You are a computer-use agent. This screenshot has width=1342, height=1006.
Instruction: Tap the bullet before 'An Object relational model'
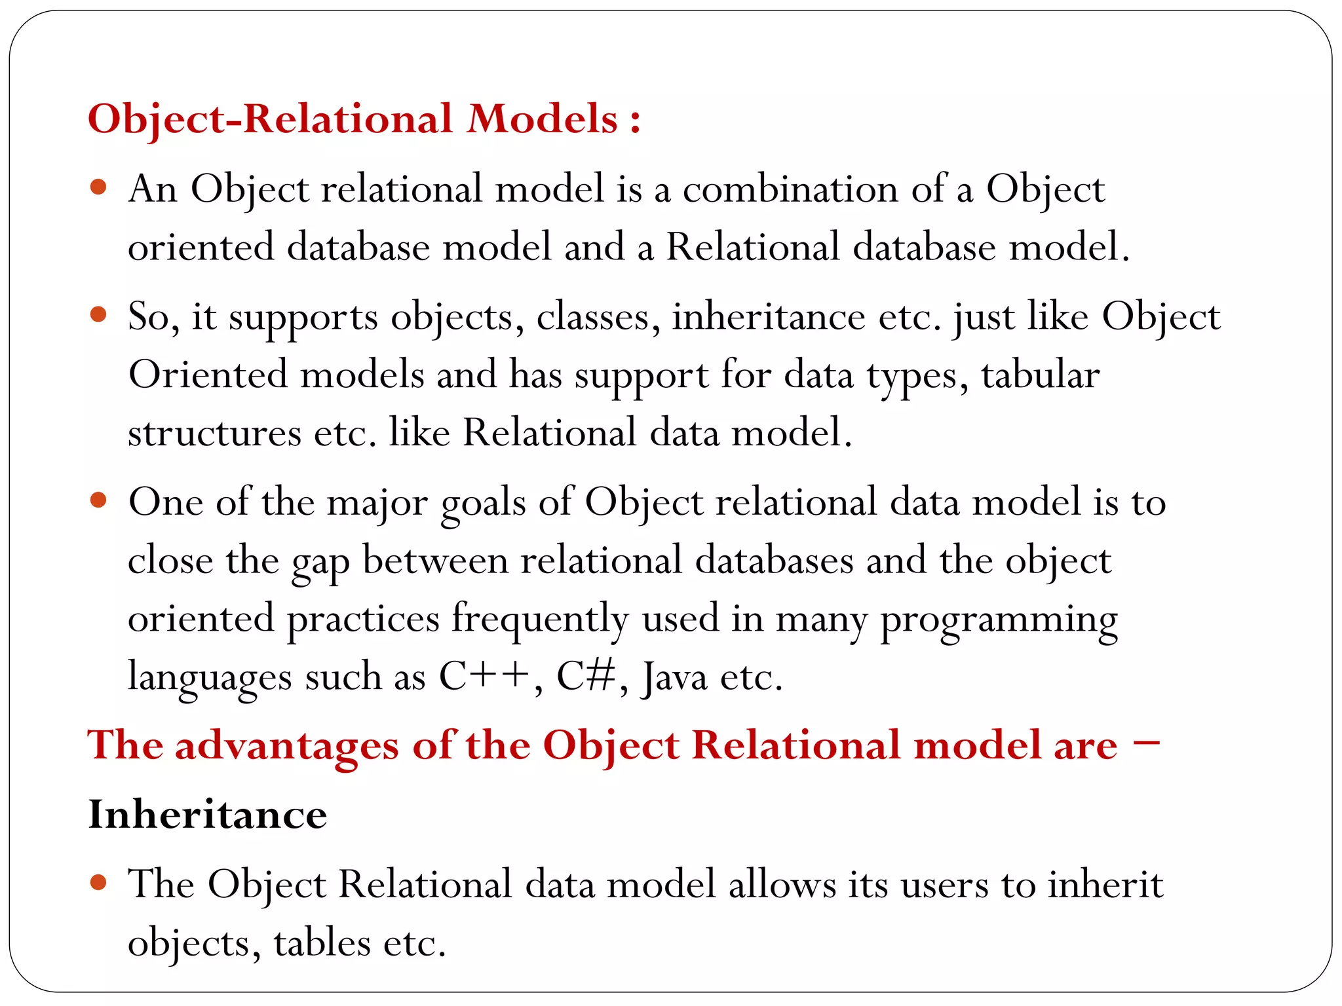click(98, 189)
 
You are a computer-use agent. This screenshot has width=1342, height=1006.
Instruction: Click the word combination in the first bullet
click(790, 190)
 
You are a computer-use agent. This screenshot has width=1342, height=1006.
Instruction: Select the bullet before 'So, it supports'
click(98, 315)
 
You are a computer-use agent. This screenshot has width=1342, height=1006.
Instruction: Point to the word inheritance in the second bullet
click(769, 317)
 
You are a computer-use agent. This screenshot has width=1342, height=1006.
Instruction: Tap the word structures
click(214, 433)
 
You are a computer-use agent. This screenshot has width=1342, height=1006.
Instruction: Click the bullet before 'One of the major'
click(98, 501)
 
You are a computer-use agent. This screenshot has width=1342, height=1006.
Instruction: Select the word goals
click(483, 504)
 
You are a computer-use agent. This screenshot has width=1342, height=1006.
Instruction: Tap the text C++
click(484, 677)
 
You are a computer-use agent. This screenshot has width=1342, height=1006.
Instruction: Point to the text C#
click(585, 677)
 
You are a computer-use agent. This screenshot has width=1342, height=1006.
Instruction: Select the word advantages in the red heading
click(286, 746)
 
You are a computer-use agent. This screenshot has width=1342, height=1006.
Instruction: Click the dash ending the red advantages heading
click(1145, 743)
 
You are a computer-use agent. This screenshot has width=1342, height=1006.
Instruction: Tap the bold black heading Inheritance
click(208, 815)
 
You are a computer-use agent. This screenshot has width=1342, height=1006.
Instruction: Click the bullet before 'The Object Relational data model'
click(98, 883)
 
